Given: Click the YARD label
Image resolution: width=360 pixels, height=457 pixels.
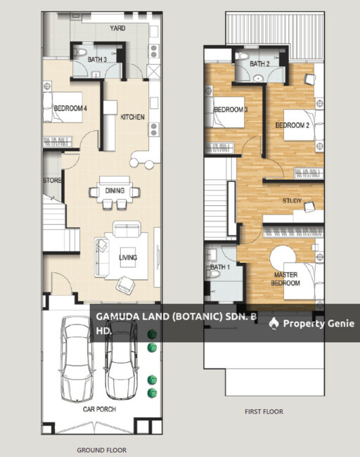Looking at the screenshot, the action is tap(117, 28).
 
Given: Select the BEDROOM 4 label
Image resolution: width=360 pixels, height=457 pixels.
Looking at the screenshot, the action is tap(70, 108).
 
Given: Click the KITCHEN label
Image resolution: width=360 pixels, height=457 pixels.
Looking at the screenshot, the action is tap(133, 117).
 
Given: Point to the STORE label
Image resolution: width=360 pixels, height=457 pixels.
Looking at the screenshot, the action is tap(52, 181).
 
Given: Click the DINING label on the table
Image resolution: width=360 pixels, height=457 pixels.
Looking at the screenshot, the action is tap(115, 191).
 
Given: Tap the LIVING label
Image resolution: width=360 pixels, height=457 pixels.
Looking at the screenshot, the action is tap(128, 257).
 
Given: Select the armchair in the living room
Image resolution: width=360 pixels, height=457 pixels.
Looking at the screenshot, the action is tap(125, 285).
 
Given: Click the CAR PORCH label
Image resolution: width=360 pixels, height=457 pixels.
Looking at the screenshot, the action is tap(99, 409).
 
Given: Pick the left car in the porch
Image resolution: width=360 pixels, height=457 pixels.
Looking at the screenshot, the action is tap(78, 358).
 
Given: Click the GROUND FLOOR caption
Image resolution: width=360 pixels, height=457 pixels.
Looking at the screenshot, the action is tap(102, 450).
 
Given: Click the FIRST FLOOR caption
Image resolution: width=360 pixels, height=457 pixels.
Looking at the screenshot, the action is tap(264, 411).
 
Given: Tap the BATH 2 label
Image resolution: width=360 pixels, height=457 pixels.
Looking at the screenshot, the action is tap(259, 63).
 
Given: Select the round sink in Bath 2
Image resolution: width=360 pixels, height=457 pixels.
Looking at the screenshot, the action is tap(257, 78).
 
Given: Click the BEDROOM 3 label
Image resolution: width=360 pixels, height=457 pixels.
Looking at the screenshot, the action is tap(231, 110).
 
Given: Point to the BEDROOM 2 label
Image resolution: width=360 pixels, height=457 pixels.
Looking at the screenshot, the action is tap(292, 125).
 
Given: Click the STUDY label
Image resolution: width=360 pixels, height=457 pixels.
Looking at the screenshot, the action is tap(292, 200).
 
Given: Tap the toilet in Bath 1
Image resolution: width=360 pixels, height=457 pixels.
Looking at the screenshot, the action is tap(214, 273).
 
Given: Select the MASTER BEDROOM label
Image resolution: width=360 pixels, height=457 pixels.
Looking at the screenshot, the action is tap(285, 279).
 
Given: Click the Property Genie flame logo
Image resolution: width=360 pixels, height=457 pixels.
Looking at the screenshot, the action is tap(274, 323).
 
